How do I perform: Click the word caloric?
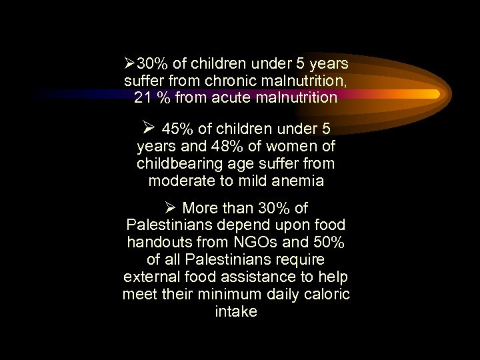click(327, 295)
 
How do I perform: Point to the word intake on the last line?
click(236, 312)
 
